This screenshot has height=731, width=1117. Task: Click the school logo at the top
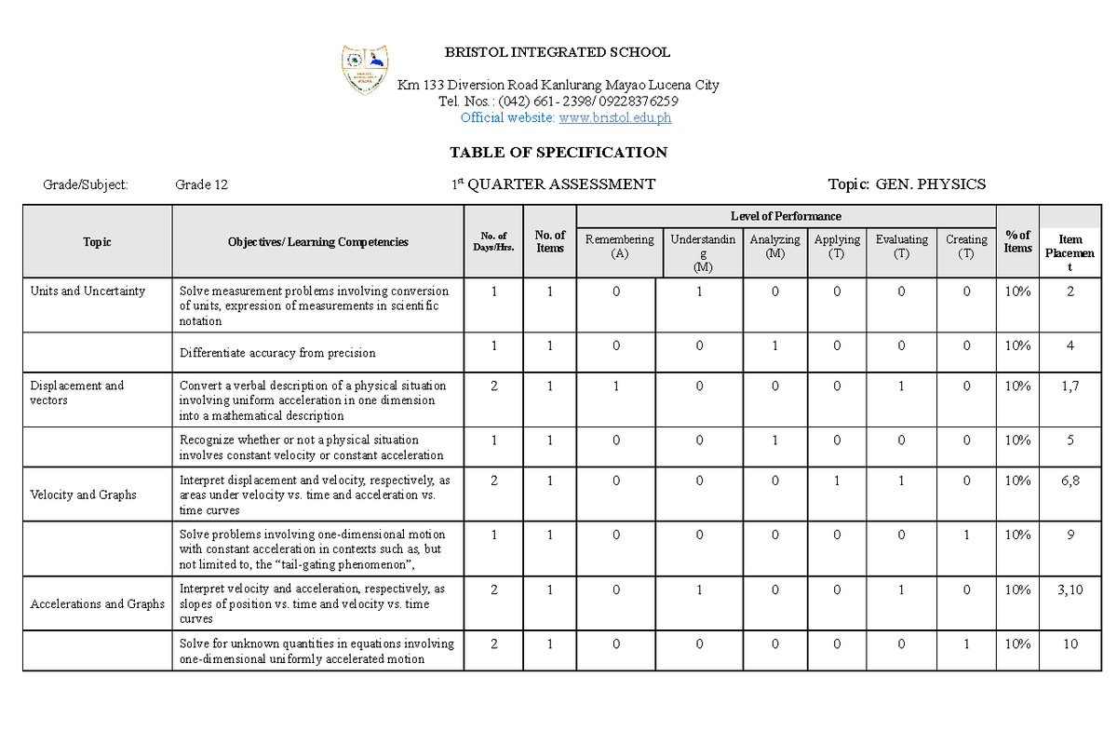click(366, 69)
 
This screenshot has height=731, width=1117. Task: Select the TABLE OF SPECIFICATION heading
click(558, 152)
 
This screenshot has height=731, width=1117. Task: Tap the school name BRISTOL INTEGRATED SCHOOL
click(558, 52)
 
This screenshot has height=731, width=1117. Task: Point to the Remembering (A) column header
click(619, 246)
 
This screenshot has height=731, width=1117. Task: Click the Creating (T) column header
click(966, 246)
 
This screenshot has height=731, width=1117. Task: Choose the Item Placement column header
click(1070, 252)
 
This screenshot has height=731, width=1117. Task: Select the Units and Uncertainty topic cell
click(87, 291)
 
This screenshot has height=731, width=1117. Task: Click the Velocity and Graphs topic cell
click(83, 494)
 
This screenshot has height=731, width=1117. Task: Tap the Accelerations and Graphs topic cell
click(97, 603)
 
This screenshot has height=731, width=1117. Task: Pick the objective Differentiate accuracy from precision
click(277, 353)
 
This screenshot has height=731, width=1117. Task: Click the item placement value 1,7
click(1070, 386)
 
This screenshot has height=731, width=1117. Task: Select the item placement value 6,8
click(1070, 481)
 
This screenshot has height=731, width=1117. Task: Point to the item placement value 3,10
click(1070, 589)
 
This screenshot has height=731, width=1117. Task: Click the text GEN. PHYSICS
click(930, 184)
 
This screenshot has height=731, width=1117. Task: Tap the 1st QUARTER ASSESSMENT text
click(553, 184)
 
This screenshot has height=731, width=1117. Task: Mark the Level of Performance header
click(786, 216)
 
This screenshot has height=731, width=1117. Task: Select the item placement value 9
click(1070, 535)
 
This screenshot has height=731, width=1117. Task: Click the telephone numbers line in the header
click(558, 101)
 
